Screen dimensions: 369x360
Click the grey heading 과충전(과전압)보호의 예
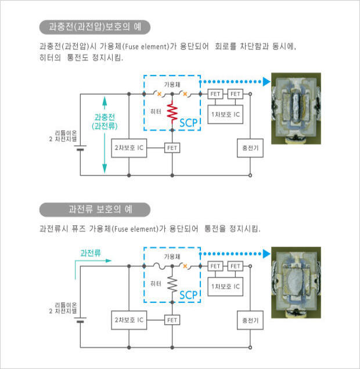(95, 27)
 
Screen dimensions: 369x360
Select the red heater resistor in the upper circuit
(172, 113)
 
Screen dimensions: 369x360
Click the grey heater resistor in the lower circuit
(172, 284)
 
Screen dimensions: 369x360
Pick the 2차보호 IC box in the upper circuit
(128, 148)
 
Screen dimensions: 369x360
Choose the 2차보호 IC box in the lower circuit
(128, 320)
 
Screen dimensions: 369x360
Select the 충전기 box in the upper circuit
(250, 148)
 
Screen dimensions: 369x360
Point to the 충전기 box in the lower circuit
(250, 320)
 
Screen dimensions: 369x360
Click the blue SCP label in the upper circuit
(189, 122)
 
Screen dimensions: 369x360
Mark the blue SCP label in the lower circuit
(189, 295)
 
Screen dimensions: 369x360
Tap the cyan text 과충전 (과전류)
(105, 121)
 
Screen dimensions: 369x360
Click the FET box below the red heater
(172, 148)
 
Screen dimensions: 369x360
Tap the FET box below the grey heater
(172, 320)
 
